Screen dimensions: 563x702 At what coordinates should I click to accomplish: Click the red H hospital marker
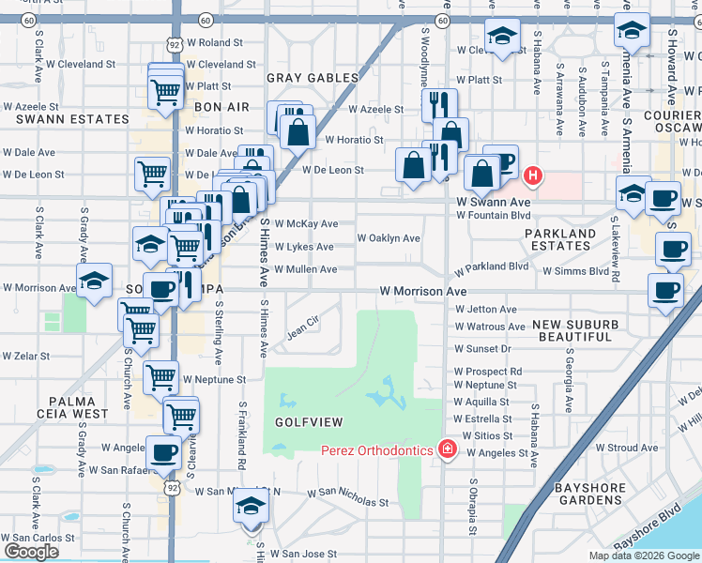tap(533, 175)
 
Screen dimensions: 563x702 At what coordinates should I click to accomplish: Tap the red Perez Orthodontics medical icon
tap(447, 450)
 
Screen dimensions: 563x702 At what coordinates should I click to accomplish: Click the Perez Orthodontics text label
tap(376, 450)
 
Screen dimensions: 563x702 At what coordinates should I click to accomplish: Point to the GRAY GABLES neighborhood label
tap(313, 78)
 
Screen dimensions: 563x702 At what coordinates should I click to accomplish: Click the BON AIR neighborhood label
tap(221, 107)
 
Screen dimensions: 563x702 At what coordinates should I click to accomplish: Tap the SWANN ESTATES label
tap(72, 119)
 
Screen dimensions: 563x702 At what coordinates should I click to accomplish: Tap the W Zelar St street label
tap(25, 357)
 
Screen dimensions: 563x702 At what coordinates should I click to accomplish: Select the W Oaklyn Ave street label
tap(389, 238)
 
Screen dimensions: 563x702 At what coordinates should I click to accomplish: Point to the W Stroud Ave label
tap(627, 449)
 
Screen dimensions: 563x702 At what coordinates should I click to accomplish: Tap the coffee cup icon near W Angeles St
tap(164, 451)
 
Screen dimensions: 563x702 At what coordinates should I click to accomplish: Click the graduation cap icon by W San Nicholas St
tap(251, 505)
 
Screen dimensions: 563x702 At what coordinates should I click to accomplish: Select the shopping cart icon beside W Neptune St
tap(160, 376)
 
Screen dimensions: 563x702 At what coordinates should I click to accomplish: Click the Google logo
tap(32, 552)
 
